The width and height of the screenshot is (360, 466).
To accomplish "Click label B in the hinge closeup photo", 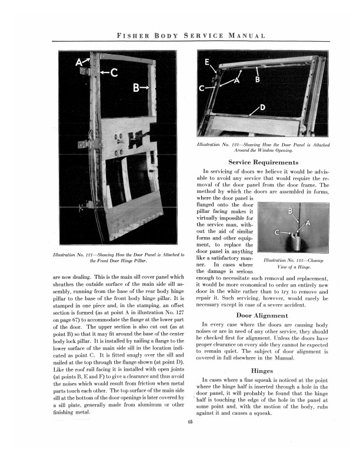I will click(289, 211).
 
